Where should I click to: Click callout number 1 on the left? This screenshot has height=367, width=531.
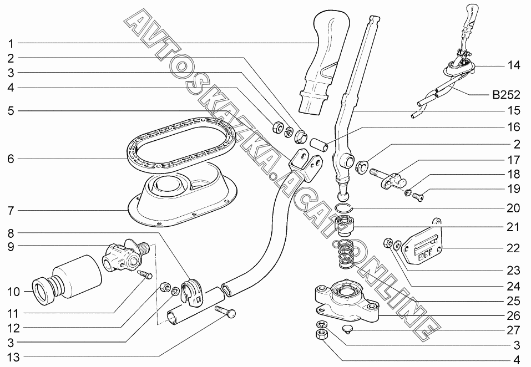(x=11, y=43)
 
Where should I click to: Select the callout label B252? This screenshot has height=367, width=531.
(x=505, y=95)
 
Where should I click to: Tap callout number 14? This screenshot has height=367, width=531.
(x=513, y=65)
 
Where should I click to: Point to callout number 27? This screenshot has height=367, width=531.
(x=513, y=330)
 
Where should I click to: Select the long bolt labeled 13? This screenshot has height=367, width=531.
(x=225, y=314)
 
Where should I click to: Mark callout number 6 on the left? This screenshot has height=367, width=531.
(x=11, y=159)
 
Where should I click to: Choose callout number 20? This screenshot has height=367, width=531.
(x=513, y=209)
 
